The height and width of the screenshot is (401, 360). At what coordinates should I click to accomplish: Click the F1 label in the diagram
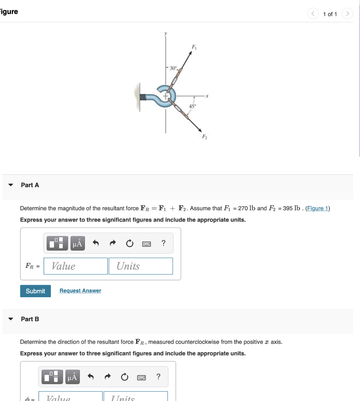[193, 48]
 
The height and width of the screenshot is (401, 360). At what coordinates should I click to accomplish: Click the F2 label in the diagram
[204, 137]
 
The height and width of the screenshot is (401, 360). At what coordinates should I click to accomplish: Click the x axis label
[208, 95]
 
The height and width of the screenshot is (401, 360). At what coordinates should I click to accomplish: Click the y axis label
[165, 34]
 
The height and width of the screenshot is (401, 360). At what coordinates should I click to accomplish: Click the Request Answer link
[80, 291]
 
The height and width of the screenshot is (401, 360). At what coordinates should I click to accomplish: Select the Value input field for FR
[76, 266]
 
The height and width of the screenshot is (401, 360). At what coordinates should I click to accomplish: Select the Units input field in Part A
[140, 266]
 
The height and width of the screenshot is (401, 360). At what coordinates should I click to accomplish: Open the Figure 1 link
[317, 208]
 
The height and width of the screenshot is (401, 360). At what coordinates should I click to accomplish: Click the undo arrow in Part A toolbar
[95, 244]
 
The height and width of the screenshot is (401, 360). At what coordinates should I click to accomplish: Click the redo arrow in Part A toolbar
[112, 244]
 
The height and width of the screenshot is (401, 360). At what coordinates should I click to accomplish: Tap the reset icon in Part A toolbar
[130, 244]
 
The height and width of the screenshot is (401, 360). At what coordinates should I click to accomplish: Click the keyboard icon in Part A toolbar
[146, 244]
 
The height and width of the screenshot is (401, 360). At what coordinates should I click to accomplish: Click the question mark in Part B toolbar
[158, 377]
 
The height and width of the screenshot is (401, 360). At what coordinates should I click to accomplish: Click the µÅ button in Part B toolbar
[72, 377]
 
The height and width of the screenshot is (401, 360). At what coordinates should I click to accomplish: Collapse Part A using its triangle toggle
[11, 185]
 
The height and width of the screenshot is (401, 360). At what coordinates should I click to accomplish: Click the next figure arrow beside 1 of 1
[347, 14]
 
